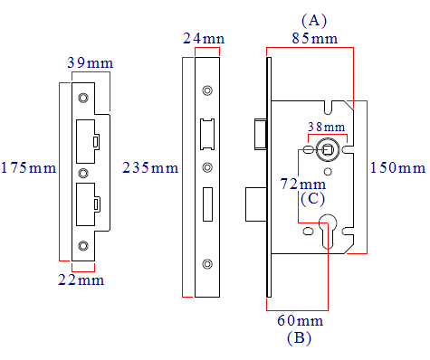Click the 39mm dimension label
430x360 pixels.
point(89,62)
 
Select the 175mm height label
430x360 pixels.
point(27,168)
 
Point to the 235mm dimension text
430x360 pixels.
point(150,168)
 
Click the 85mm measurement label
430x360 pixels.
point(312,39)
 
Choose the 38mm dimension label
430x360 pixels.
point(326,127)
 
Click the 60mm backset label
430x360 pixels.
point(300,321)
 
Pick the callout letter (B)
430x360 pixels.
point(299,339)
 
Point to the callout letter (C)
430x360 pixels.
point(314,198)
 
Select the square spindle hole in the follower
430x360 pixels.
point(328,148)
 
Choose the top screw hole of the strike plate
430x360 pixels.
point(83,98)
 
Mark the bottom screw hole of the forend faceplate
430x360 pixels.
point(208,263)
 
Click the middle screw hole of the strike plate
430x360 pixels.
point(83,171)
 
